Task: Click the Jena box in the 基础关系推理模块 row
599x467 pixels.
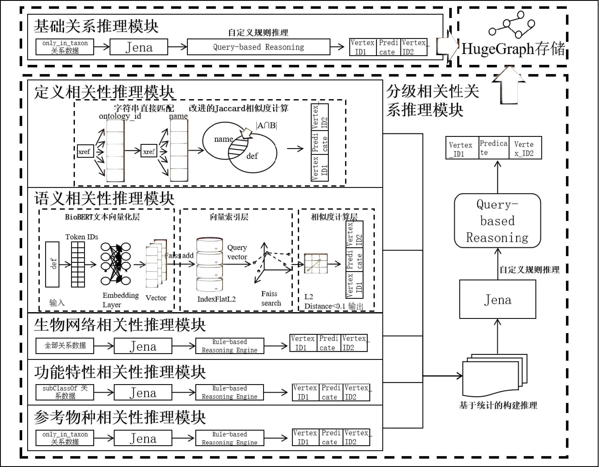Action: pyautogui.click(x=139, y=47)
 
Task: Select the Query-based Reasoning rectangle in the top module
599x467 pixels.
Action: pyautogui.click(x=258, y=47)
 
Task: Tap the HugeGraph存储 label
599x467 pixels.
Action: pyautogui.click(x=513, y=49)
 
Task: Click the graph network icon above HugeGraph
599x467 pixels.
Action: pyautogui.click(x=512, y=25)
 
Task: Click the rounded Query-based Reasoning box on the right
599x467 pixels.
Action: pyautogui.click(x=497, y=221)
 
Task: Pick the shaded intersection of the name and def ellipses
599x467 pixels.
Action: pyautogui.click(x=238, y=148)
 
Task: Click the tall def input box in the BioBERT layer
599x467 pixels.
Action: pyautogui.click(x=52, y=264)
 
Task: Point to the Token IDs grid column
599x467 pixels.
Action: pyautogui.click(x=78, y=264)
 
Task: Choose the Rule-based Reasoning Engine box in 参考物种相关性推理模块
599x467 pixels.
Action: pyautogui.click(x=230, y=438)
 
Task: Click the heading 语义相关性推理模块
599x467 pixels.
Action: pyautogui.click(x=104, y=198)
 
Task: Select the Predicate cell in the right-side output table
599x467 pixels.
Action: pyautogui.click(x=493, y=148)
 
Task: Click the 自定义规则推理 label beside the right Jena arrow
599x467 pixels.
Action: pyautogui.click(x=529, y=270)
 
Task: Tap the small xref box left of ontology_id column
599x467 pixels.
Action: pyautogui.click(x=85, y=151)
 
